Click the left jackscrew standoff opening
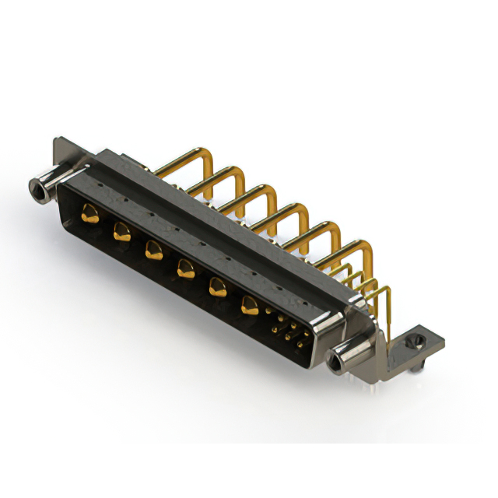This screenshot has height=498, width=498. pos(35,187)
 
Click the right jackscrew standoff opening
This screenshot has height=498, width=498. pos(336,361)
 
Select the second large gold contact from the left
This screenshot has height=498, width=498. pos(121,230)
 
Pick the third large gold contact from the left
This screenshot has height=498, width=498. pos(152,250)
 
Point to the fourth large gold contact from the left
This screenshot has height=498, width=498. pos(184,269)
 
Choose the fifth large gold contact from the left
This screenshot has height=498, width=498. pos(216,288)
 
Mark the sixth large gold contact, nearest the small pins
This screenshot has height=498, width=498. pos(249,305)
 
